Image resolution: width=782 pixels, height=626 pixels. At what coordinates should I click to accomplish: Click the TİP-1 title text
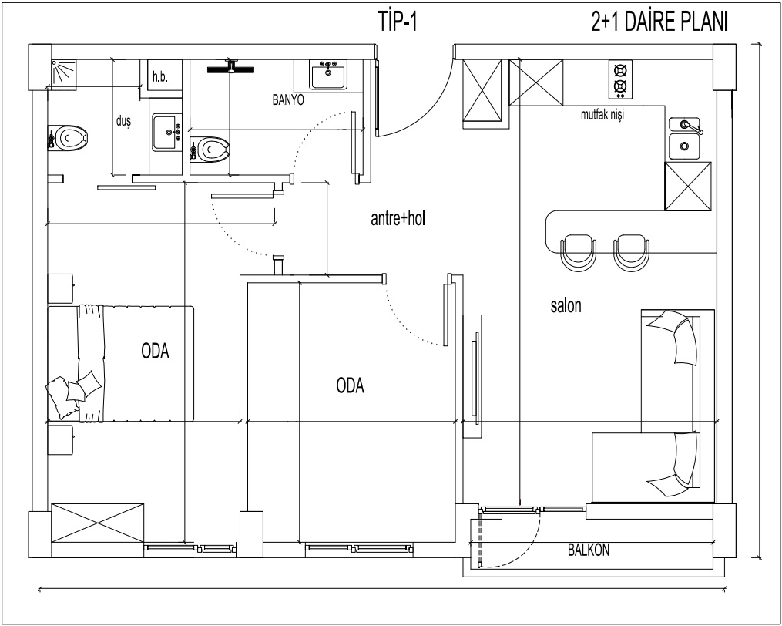398,22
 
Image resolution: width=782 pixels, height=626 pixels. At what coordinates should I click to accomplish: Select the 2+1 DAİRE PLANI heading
659,22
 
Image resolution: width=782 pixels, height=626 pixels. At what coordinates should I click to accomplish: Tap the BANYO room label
288,100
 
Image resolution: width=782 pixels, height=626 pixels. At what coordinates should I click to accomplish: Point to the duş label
123,121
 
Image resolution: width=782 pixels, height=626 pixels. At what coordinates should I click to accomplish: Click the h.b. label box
159,77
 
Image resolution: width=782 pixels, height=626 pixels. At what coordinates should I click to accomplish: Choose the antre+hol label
398,219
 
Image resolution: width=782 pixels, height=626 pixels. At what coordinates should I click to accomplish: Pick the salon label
566,305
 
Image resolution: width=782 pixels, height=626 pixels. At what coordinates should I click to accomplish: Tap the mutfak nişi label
602,115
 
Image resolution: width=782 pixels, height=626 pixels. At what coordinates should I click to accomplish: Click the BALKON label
589,550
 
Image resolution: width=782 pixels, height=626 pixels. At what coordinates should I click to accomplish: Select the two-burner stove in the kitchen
620,79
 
